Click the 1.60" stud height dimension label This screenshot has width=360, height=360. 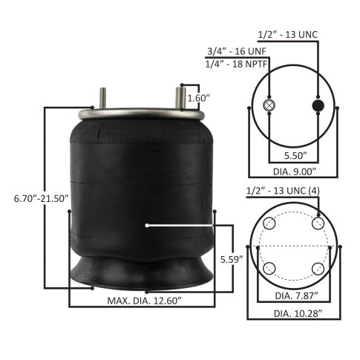click(x=197, y=98)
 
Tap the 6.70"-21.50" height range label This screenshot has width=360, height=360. click(x=41, y=198)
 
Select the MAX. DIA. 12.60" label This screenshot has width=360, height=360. click(x=145, y=301)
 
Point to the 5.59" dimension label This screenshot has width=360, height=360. click(x=232, y=259)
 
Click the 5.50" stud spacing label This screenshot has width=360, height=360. click(x=295, y=156)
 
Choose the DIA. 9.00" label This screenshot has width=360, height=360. click(x=295, y=171)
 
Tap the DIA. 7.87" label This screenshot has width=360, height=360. click(x=296, y=295)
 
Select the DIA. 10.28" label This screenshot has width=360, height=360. click(x=298, y=313)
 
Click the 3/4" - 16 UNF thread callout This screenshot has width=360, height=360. click(x=237, y=51)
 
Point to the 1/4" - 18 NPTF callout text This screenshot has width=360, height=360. click(x=236, y=64)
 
